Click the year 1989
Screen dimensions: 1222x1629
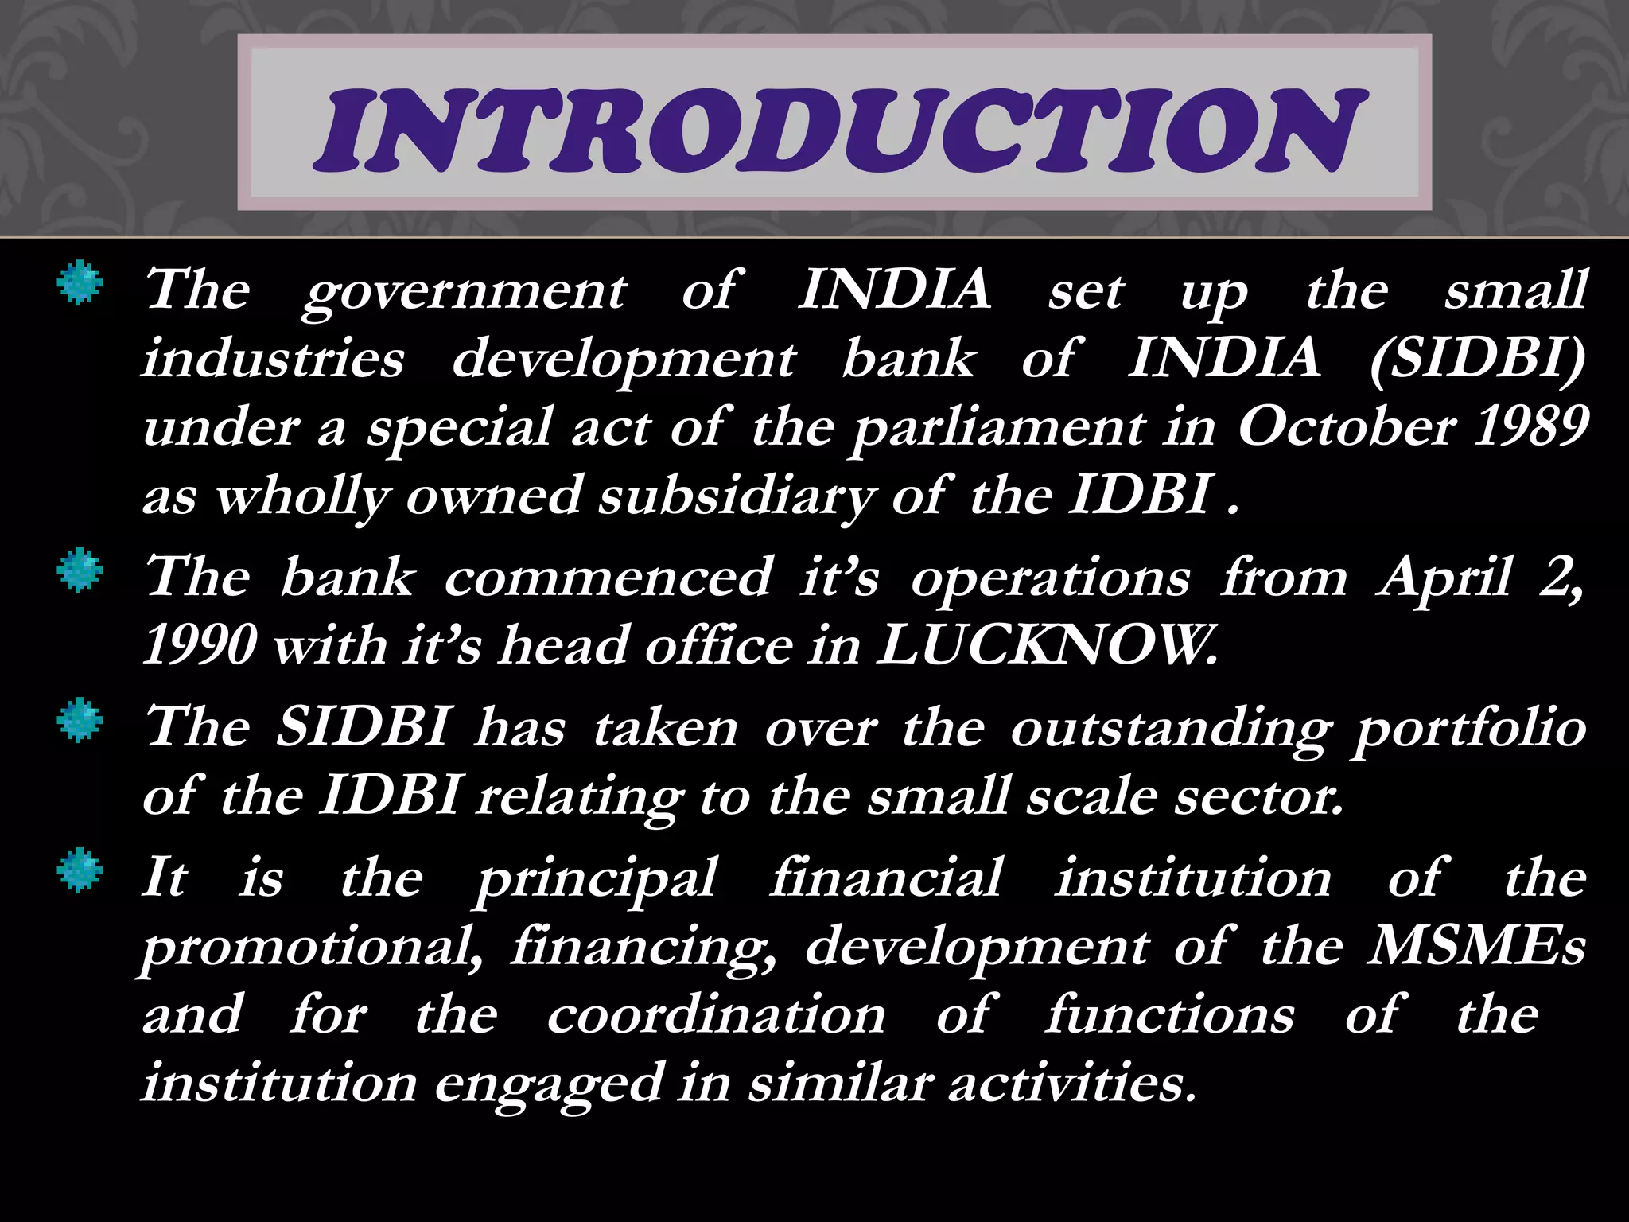(x=1531, y=426)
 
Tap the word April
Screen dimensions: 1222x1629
(x=1444, y=577)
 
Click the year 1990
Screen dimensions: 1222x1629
(x=200, y=645)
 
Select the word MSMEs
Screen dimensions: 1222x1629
(x=1476, y=946)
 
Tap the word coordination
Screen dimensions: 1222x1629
(x=716, y=1015)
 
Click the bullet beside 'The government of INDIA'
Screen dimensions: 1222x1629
(x=80, y=285)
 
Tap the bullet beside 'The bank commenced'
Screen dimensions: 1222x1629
(x=80, y=571)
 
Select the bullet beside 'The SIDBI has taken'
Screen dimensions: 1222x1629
(x=80, y=721)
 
